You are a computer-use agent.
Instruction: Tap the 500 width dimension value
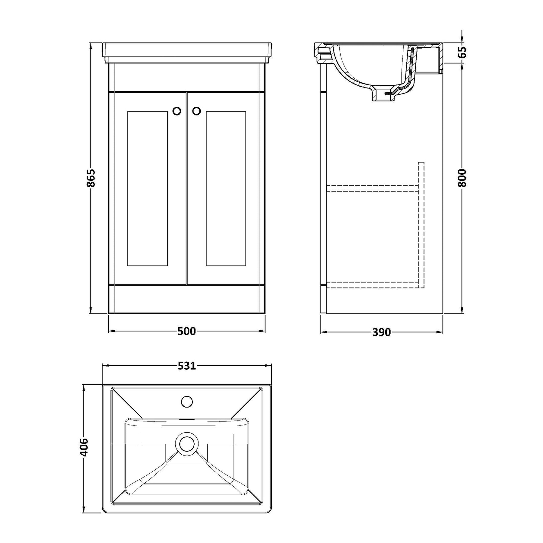tap(186, 331)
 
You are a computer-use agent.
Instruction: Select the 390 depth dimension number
tap(381, 332)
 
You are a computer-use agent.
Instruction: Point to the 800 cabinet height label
tap(462, 178)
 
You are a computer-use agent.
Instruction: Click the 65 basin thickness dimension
tap(462, 52)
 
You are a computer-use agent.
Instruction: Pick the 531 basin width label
tap(187, 366)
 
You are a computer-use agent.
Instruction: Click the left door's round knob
tap(177, 111)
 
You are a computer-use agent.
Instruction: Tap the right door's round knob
tap(196, 111)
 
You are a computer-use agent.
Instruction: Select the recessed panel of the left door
tap(148, 189)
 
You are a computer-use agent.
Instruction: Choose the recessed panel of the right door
tap(226, 189)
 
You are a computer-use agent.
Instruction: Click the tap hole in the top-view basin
tap(187, 402)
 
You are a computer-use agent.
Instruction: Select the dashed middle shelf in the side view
tap(373, 188)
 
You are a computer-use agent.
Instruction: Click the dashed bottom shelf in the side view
tap(373, 284)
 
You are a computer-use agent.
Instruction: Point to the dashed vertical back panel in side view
tap(421, 225)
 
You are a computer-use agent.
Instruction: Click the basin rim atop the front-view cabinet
tap(187, 53)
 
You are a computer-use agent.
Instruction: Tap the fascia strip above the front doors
tap(187, 77)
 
